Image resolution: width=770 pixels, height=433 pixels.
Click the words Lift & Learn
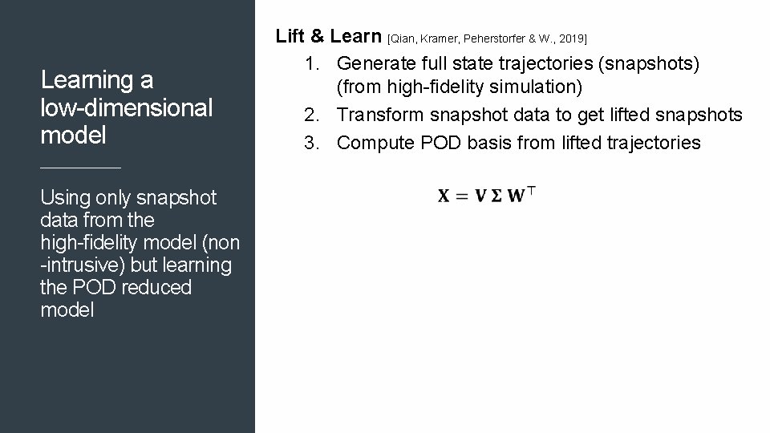pos(329,36)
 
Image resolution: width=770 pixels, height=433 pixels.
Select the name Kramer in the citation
pos(440,38)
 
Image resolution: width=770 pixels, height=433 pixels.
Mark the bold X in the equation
pos(444,196)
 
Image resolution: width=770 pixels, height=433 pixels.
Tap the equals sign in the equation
pos(462,196)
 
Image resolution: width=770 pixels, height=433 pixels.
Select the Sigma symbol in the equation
pos(496,196)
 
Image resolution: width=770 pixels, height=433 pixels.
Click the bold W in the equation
pos(517,196)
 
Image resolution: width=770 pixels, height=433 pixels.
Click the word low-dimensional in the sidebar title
pos(126,107)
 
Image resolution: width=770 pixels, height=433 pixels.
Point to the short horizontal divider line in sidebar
pos(80,168)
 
